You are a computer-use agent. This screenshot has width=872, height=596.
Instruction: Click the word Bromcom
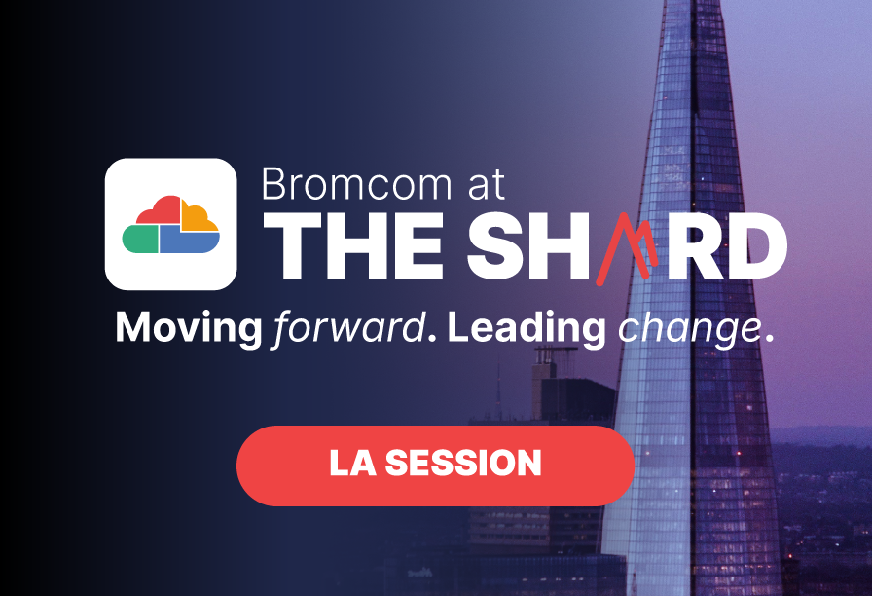pyautogui.click(x=356, y=184)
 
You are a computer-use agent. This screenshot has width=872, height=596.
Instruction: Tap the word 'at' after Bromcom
pyautogui.click(x=487, y=185)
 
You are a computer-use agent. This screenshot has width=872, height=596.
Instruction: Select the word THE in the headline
pyautogui.click(x=353, y=246)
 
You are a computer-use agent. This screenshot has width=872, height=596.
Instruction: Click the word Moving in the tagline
pyautogui.click(x=188, y=329)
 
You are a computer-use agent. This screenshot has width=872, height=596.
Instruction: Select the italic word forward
pyautogui.click(x=349, y=328)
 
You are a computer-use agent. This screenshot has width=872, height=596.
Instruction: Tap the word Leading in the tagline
pyautogui.click(x=526, y=328)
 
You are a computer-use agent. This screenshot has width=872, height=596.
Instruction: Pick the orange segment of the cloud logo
pyautogui.click(x=198, y=217)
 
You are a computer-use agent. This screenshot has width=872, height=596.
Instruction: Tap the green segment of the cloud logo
pyautogui.click(x=140, y=240)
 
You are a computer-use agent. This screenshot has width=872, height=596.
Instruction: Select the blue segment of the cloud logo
pyautogui.click(x=189, y=241)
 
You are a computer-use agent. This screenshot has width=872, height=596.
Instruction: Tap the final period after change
pyautogui.click(x=769, y=337)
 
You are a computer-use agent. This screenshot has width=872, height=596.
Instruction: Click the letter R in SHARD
pyautogui.click(x=694, y=246)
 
